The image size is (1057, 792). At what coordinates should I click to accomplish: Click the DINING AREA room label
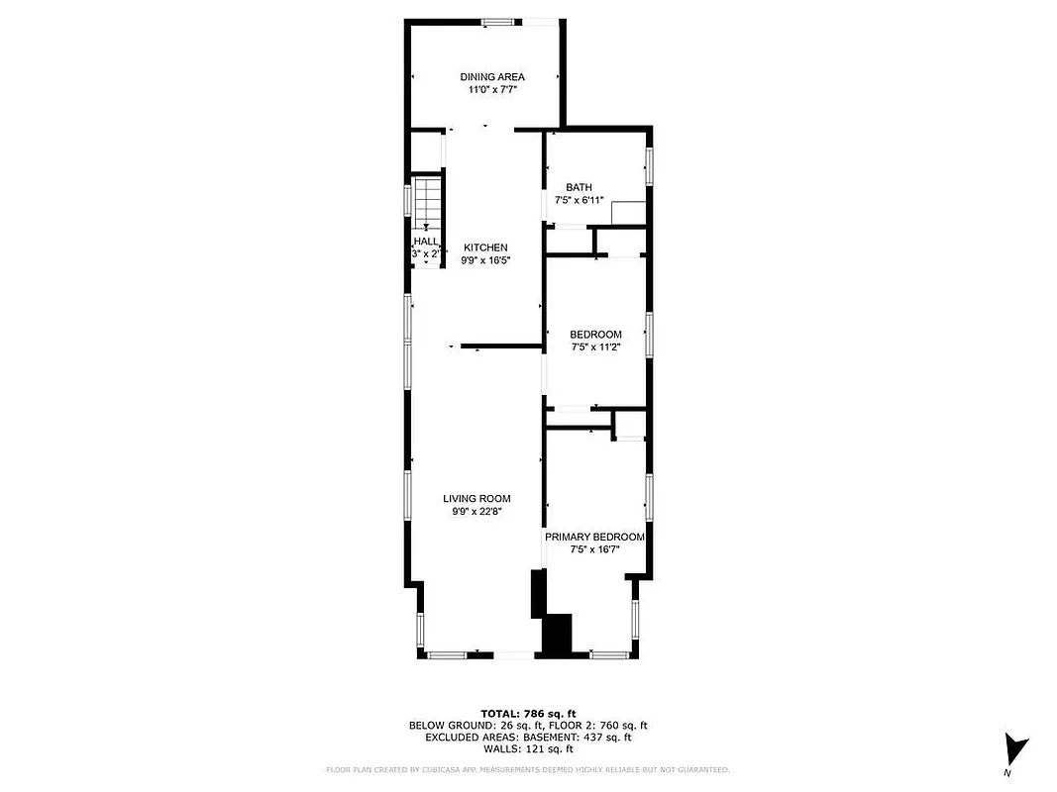coord(492,77)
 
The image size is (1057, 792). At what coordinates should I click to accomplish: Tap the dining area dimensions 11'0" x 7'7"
coord(492,90)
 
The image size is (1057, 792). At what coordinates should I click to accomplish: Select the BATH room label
coord(579,187)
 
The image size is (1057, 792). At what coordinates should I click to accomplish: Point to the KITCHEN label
coord(485,247)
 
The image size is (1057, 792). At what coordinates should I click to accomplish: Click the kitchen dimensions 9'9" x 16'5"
coord(485,260)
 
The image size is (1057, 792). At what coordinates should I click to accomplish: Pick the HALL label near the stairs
coord(425,242)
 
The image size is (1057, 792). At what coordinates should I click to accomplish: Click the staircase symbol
coord(427,202)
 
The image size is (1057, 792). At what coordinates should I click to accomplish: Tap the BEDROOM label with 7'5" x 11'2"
coord(596,335)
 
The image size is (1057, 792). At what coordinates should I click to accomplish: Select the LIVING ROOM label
coord(477,499)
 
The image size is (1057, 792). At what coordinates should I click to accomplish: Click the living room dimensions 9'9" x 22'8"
coord(477,512)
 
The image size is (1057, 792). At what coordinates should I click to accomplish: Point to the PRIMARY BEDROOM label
coord(594,537)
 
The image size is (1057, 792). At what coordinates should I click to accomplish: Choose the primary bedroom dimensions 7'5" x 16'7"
coord(594,549)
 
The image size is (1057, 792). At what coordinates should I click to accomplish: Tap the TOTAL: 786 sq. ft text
coord(528,713)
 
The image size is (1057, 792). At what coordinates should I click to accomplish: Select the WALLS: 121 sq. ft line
coord(528,748)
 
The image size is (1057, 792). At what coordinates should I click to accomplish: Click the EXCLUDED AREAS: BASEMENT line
coord(528,737)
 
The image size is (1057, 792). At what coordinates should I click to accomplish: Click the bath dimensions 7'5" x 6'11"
coord(579,200)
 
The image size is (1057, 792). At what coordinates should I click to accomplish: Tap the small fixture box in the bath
coord(628,212)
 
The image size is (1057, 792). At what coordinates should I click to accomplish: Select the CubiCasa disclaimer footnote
coord(528,769)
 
